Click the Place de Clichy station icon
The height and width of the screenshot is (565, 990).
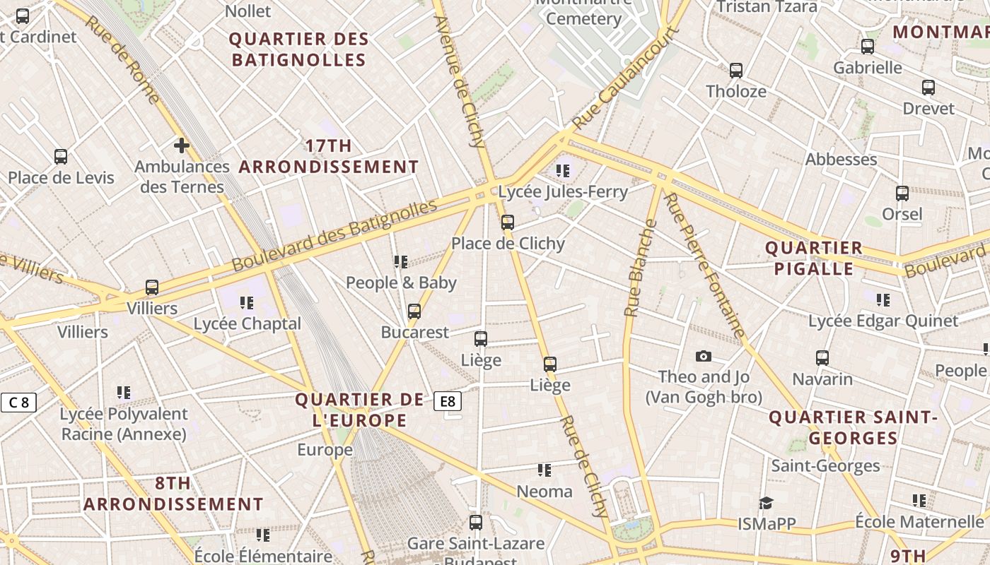coord(507,222)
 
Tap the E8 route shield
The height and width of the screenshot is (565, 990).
coord(448,401)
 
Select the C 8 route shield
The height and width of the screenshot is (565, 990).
coord(18,403)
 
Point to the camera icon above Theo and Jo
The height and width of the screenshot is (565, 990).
coord(703,356)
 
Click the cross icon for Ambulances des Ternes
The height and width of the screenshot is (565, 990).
coord(182,145)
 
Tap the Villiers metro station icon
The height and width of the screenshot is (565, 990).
coord(152,287)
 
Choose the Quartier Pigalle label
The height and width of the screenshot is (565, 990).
coord(814,258)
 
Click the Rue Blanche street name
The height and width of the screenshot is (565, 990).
coord(639,268)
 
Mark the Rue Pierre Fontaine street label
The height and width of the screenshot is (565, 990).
coord(705,265)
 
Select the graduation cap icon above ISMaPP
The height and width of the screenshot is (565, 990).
coord(766,503)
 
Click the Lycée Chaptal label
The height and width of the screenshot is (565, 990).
coord(248,323)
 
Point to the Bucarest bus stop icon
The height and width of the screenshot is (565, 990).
coord(414,311)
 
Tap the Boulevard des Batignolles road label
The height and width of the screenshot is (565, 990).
coord(334,236)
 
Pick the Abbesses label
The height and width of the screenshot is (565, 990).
coord(841,159)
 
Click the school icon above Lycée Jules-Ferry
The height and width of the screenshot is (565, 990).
coord(563,170)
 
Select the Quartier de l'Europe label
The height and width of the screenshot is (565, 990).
coord(360,410)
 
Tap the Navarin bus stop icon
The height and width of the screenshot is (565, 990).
coord(822,358)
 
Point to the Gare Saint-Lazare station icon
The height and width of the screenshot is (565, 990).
coord(476,523)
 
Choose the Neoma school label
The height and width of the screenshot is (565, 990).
coord(544,491)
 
